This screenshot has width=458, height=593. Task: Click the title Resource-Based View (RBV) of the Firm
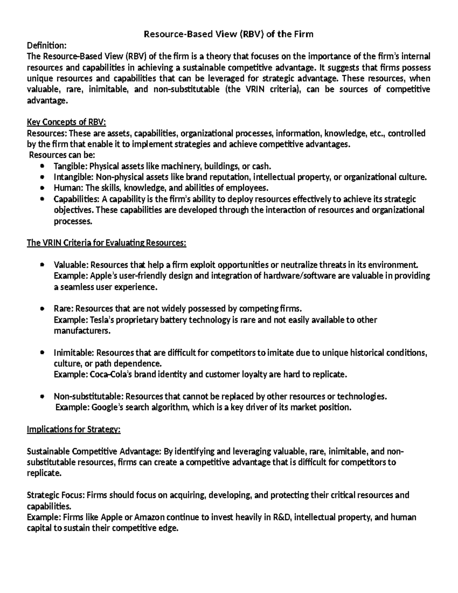[228, 34]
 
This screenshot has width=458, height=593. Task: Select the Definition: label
[46, 46]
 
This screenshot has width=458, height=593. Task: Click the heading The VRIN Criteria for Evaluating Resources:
[106, 243]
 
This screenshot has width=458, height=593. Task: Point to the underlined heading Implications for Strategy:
[74, 430]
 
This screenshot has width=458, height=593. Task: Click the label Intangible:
[74, 177]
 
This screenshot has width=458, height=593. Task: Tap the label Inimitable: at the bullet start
[74, 353]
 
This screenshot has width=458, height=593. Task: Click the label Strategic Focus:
[56, 495]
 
